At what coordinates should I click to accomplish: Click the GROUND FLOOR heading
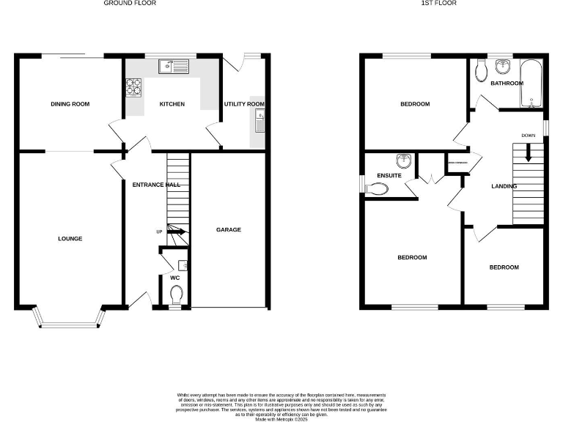pyautogui.click(x=130, y=4)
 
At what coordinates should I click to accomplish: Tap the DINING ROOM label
pyautogui.click(x=70, y=104)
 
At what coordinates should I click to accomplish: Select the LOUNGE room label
pyautogui.click(x=70, y=238)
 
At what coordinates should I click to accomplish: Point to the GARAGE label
pyautogui.click(x=228, y=229)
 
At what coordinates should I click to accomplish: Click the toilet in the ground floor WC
pyautogui.click(x=176, y=295)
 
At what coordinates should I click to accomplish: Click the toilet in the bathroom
pyautogui.click(x=481, y=70)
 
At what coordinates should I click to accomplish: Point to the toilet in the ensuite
pyautogui.click(x=376, y=189)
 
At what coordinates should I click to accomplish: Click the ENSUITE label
pyautogui.click(x=389, y=176)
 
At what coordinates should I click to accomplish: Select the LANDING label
pyautogui.click(x=504, y=186)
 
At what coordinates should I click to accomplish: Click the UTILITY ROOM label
pyautogui.click(x=244, y=104)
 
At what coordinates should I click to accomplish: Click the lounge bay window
pyautogui.click(x=69, y=320)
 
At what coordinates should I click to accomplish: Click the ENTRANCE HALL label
pyautogui.click(x=155, y=185)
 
